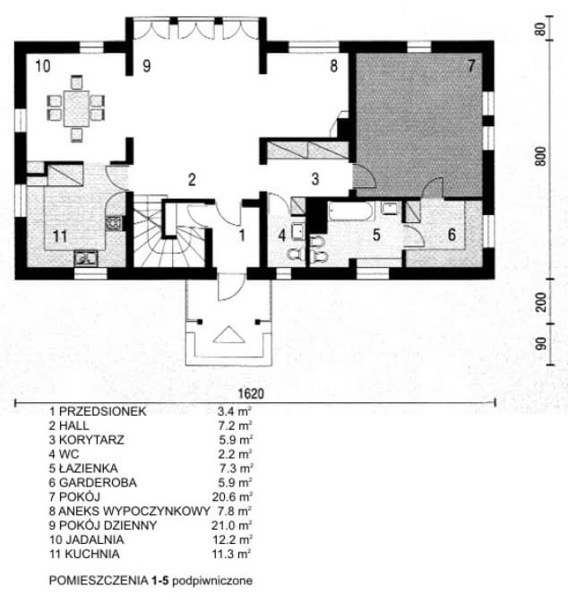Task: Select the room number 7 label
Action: pos(469,65)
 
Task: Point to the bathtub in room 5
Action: pos(352,212)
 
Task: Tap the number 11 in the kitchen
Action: pos(59,237)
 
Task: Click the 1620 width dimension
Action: pos(252,393)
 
